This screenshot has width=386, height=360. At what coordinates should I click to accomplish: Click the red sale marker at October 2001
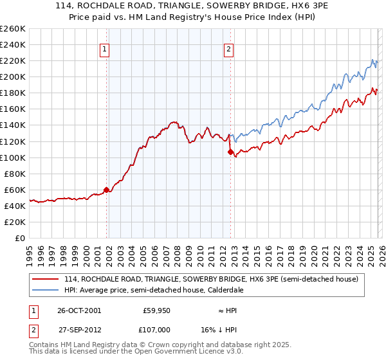click(x=107, y=190)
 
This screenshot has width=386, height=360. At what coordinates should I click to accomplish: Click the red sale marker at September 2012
click(x=230, y=152)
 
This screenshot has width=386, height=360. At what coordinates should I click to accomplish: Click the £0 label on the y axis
click(x=19, y=238)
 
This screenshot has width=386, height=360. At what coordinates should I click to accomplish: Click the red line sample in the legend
click(x=46, y=279)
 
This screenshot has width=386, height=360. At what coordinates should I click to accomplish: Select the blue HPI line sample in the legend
click(x=46, y=290)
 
